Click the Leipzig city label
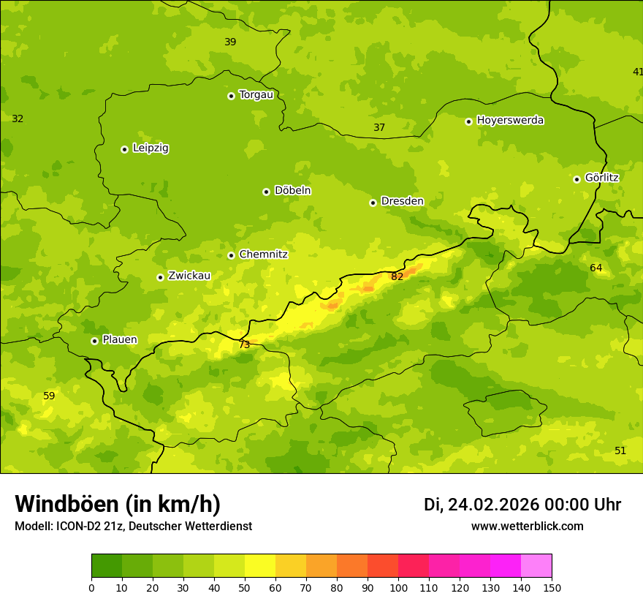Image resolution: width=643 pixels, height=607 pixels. tap(151, 148)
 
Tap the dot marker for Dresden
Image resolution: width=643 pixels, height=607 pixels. tap(373, 203)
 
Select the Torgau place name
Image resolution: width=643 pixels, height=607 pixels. tap(256, 94)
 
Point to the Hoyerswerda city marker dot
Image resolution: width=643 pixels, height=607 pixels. tap(468, 121)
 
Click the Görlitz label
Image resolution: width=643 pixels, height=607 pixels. tap(601, 178)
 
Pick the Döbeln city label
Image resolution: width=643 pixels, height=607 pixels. tap(292, 190)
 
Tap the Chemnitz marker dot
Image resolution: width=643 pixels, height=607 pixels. tap(231, 255)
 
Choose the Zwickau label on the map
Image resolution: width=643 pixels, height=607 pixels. tap(189, 276)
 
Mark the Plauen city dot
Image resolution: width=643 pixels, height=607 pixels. tap(94, 341)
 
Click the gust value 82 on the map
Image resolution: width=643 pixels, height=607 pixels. tap(397, 276)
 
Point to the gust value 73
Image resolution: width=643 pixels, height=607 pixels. tap(244, 344)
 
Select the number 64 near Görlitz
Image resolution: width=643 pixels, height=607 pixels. tap(596, 268)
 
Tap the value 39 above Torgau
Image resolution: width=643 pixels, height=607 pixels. tap(230, 42)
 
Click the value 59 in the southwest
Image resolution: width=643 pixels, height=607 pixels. tap(49, 396)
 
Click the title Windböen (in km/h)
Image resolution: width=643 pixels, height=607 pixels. tap(118, 504)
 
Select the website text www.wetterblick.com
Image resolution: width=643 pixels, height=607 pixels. tap(527, 526)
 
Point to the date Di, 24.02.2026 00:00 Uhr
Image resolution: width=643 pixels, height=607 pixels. tap(522, 505)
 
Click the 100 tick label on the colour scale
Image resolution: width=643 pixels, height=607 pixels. tap(398, 588)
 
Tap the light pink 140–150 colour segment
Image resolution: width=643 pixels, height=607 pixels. tap(536, 566)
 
